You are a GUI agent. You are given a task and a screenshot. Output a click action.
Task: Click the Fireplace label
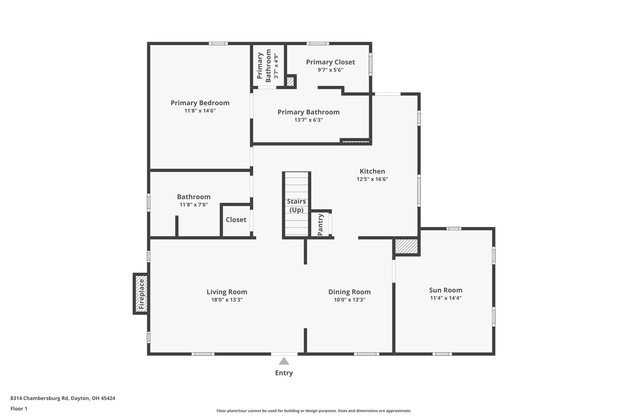(141, 294)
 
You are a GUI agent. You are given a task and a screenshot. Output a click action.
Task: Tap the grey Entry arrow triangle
(284, 361)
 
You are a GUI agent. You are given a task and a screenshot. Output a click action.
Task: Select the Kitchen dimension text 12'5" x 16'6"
(372, 179)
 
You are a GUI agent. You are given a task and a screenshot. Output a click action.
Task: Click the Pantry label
(320, 225)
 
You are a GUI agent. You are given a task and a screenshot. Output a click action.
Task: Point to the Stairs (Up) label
(296, 206)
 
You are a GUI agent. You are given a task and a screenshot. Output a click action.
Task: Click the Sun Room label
(446, 290)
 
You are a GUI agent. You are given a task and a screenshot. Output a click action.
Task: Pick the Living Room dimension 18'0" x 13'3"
(227, 300)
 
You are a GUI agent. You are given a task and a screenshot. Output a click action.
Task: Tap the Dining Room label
(349, 292)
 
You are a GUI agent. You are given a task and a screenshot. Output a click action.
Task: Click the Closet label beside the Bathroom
(236, 220)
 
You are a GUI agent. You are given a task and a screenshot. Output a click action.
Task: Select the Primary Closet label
(330, 62)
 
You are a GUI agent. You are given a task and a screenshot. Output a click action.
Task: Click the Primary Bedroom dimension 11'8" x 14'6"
(200, 111)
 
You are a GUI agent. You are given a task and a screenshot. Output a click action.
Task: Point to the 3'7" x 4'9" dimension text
(276, 66)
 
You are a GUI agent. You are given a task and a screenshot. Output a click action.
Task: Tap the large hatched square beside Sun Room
(406, 246)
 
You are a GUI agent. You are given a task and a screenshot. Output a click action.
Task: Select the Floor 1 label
(19, 409)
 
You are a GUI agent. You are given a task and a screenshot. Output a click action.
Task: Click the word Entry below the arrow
(284, 373)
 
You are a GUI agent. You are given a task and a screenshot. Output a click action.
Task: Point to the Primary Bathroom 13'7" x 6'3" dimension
(308, 120)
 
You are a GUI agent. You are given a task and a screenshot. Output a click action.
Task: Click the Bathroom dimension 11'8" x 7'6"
(194, 205)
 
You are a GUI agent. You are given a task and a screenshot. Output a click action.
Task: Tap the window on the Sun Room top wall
(454, 228)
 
